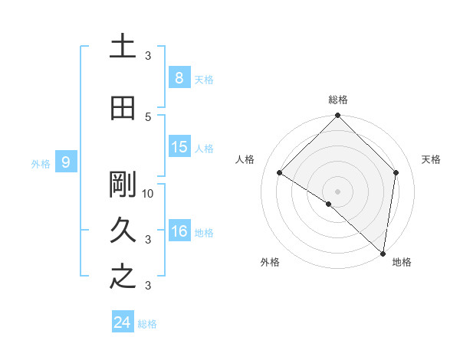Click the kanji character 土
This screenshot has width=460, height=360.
click(123, 47)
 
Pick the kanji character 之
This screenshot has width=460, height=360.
click(123, 277)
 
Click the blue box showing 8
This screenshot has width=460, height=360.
click(179, 77)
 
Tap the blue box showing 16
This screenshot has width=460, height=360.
click(179, 231)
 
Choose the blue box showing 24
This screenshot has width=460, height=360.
click(123, 322)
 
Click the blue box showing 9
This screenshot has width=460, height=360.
click(66, 162)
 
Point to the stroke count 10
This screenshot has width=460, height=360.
click(148, 193)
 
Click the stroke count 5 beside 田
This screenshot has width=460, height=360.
click(148, 116)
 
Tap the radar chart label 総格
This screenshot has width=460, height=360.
click(338, 100)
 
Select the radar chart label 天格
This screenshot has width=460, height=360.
click(431, 159)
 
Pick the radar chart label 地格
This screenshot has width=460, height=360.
click(402, 262)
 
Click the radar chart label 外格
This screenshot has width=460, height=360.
click(270, 262)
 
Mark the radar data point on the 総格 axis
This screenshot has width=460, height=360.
click(337, 116)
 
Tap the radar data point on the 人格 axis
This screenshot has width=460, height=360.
click(280, 173)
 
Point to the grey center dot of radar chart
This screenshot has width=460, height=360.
click(337, 191)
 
